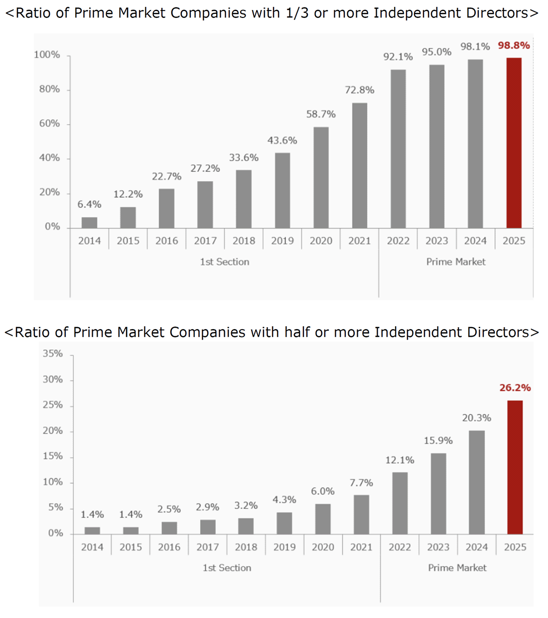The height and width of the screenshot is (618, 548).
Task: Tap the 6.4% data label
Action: [x=89, y=204]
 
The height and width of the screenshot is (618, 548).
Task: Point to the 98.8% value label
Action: [x=514, y=45]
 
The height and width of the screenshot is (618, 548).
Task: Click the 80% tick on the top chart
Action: [x=49, y=89]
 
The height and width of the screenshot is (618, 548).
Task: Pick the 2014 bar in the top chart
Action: [x=89, y=223]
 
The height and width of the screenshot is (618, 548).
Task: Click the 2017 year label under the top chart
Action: [x=205, y=241]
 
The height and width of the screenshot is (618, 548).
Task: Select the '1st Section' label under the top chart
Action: [x=224, y=262]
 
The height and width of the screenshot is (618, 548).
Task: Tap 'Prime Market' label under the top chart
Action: [x=455, y=262]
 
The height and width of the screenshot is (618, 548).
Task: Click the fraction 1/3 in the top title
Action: [x=297, y=13]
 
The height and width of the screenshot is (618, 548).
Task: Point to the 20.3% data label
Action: [x=476, y=418]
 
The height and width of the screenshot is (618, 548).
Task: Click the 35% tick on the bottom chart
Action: [x=52, y=354]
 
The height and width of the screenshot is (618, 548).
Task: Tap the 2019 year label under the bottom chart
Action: [x=284, y=547]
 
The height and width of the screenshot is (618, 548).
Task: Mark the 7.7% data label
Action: [x=361, y=483]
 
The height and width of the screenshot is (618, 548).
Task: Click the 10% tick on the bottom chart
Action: [x=52, y=482]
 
